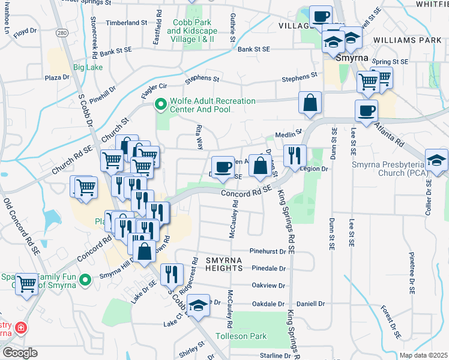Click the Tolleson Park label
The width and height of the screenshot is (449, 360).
point(242,336)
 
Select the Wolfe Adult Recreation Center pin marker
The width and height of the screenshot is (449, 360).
point(160,106)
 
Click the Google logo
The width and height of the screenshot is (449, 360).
point(20,352)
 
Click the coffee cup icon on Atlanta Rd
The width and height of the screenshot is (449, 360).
point(366,110)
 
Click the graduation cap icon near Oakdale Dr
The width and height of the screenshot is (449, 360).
point(197,305)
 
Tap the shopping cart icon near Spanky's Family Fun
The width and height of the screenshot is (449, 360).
point(27,284)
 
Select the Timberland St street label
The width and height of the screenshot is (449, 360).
point(126,23)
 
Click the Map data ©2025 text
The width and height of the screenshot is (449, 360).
point(423,355)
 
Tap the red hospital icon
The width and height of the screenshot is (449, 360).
point(22,328)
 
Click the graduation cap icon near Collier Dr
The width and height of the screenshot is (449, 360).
point(436,160)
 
